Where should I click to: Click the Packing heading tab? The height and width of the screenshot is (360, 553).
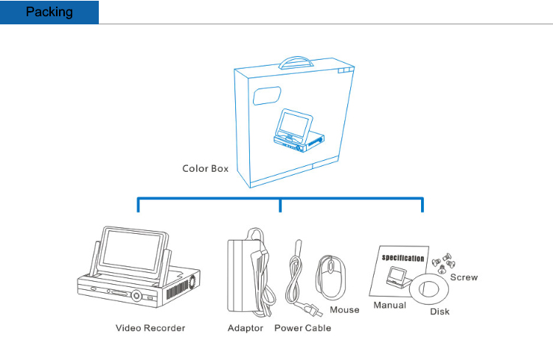[49, 12]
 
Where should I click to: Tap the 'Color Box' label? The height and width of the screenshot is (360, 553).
[205, 168]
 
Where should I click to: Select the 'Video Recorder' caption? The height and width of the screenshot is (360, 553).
[150, 328]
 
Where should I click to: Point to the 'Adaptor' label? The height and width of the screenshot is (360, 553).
[245, 328]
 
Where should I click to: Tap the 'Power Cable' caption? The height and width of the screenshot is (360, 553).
[302, 328]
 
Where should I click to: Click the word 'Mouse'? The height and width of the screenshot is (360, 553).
[344, 310]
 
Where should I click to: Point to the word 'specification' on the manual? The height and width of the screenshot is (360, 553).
[403, 257]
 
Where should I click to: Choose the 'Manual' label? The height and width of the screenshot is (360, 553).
[390, 305]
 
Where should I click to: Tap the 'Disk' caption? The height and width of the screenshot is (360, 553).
[439, 311]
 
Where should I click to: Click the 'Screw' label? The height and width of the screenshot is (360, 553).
[464, 277]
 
